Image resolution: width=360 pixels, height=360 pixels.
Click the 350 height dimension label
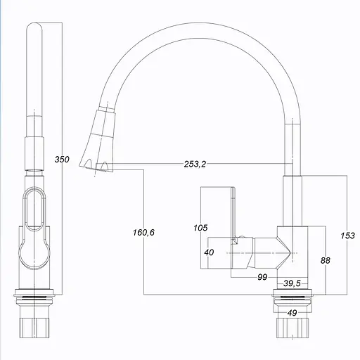[x=62, y=160]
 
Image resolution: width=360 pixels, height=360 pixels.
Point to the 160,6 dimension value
[x=143, y=233]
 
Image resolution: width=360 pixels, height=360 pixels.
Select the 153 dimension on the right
[x=348, y=236]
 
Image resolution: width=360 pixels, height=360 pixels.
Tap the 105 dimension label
[x=200, y=227]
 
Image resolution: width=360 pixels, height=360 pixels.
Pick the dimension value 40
[x=209, y=252]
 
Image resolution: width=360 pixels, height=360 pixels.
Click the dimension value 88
[x=325, y=260]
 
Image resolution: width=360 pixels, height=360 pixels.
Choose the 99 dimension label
[x=262, y=278]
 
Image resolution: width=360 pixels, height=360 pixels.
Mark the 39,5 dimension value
[x=292, y=283]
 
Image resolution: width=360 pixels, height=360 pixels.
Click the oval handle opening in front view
[x=33, y=209]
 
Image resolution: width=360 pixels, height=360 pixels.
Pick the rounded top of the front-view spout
[x=34, y=32]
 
